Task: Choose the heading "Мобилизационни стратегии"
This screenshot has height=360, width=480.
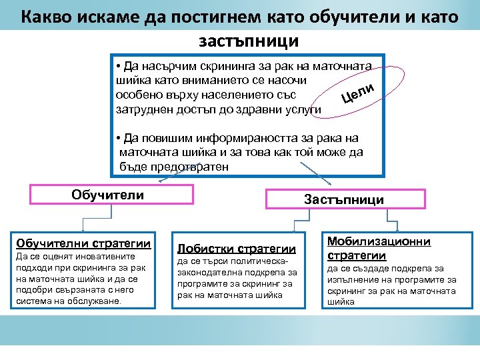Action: (x=379, y=248)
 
